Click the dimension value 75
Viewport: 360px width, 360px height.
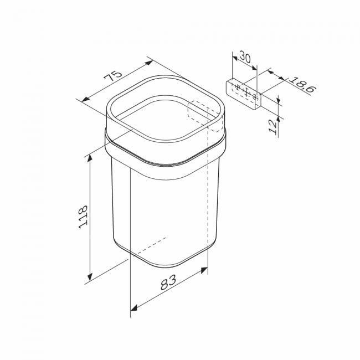[x=112, y=75]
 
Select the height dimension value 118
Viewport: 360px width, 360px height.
[x=83, y=217]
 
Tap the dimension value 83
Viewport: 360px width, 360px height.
[x=168, y=282]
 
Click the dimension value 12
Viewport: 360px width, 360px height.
[x=273, y=127]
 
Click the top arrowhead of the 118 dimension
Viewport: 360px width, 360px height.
[x=90, y=158]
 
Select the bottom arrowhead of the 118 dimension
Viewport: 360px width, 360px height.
[x=90, y=277]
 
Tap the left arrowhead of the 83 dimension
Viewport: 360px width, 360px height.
[x=134, y=308]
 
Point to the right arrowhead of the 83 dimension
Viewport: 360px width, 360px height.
[x=204, y=270]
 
